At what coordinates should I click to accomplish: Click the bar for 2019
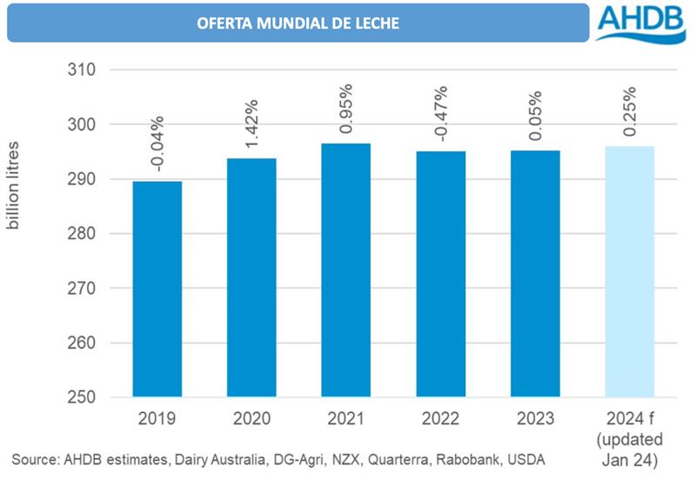157,289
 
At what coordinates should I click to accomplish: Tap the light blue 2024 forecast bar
629,271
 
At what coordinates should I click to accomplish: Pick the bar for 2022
440,274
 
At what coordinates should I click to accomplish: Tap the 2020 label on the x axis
251,418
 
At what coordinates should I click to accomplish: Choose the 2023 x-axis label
534,418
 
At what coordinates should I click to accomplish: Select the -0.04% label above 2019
157,148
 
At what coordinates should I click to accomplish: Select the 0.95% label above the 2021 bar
345,110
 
